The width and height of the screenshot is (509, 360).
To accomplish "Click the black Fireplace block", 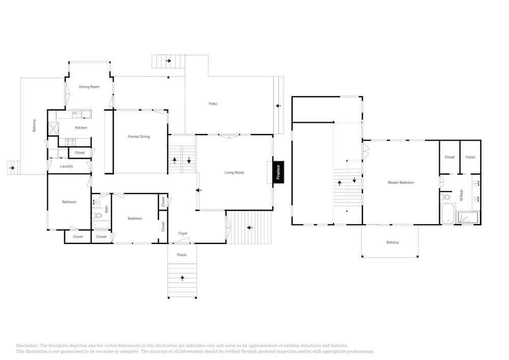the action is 278,172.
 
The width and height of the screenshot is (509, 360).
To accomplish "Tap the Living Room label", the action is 234,173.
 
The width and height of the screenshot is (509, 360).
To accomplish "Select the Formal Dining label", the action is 138,136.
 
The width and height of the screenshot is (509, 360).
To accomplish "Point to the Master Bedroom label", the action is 401,182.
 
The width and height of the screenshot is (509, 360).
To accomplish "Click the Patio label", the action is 213,103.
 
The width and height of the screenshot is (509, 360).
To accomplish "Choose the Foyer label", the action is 183,233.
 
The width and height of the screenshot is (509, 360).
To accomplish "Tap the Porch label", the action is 182,255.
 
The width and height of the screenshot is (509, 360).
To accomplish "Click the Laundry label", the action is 66,166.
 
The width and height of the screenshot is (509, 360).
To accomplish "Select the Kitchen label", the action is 81,128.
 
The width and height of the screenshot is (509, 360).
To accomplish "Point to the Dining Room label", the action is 89,87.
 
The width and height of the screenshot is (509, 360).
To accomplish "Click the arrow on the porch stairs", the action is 182,278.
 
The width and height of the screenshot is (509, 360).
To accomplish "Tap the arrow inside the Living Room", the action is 199,190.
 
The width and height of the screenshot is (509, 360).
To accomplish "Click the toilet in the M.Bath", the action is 446,197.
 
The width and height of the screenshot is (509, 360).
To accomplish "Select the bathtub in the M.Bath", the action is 448,213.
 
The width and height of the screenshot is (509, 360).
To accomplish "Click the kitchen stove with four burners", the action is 70,142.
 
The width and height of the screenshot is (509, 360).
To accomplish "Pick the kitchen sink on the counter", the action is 77,114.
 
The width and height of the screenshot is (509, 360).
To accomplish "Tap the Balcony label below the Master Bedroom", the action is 392,242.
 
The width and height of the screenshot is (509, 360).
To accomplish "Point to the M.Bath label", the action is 461,195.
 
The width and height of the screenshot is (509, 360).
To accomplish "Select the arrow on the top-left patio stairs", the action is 168,61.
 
